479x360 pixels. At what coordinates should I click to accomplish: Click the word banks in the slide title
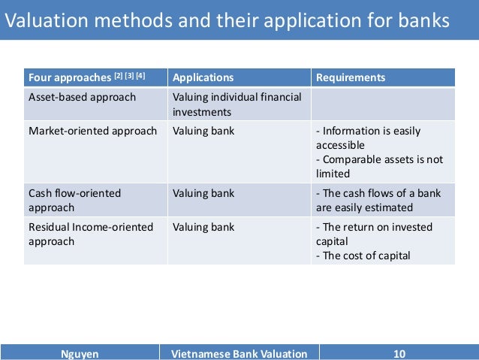pyautogui.click(x=423, y=21)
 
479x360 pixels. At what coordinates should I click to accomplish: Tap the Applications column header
pyautogui.click(x=203, y=77)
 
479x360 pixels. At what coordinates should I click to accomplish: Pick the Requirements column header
pyautogui.click(x=351, y=77)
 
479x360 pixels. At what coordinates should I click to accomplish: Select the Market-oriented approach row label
pyautogui.click(x=92, y=131)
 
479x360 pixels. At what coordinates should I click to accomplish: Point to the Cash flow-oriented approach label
pyautogui.click(x=74, y=200)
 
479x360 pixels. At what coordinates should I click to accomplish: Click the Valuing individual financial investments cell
pyautogui.click(x=236, y=104)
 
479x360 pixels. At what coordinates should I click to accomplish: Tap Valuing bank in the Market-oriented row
pyautogui.click(x=203, y=131)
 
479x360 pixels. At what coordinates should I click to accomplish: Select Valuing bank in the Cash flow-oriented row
pyautogui.click(x=203, y=193)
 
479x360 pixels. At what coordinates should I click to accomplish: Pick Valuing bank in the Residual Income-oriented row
pyautogui.click(x=203, y=227)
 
